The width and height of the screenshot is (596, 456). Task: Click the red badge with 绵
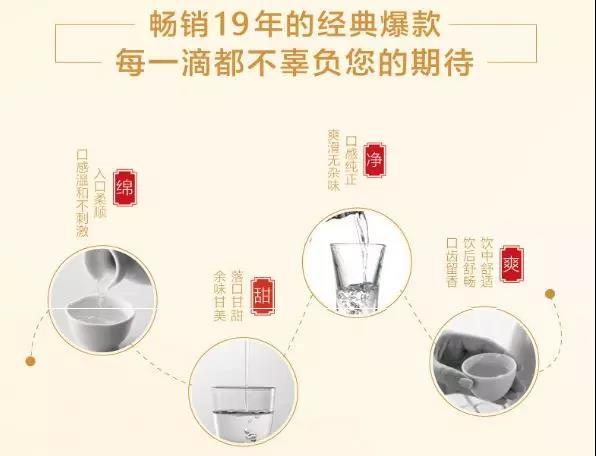(125, 187)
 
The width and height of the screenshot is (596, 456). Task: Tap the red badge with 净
(374, 160)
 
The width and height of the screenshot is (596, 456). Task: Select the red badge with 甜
(263, 296)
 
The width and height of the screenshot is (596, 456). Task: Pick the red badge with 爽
(511, 264)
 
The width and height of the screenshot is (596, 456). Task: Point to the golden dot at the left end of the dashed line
(30, 361)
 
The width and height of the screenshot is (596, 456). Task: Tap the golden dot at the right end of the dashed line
(550, 294)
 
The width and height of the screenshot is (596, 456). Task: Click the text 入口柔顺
(100, 193)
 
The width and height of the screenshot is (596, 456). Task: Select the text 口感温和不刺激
(82, 194)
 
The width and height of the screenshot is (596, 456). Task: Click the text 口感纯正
(351, 161)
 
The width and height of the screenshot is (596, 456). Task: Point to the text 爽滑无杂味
(334, 160)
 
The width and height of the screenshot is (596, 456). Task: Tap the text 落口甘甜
(237, 296)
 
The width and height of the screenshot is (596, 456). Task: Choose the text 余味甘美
(220, 296)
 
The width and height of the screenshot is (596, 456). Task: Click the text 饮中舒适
(487, 263)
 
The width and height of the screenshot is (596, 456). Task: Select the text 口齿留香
(452, 263)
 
